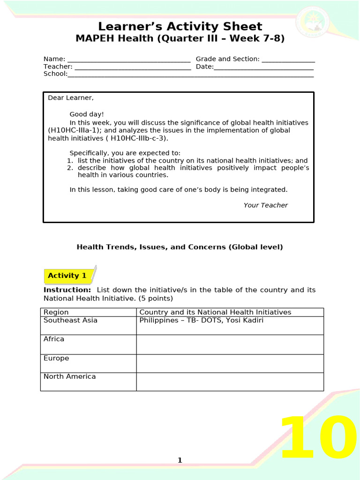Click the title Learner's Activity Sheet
(x=180, y=26)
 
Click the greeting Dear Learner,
(x=71, y=98)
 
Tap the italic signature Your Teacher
(x=265, y=205)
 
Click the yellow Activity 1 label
(x=67, y=276)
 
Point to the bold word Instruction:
(x=67, y=290)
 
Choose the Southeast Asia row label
(x=71, y=321)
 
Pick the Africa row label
(x=54, y=339)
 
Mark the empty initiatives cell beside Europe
(x=230, y=363)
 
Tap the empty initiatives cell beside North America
(x=230, y=382)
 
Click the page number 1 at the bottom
(x=180, y=460)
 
